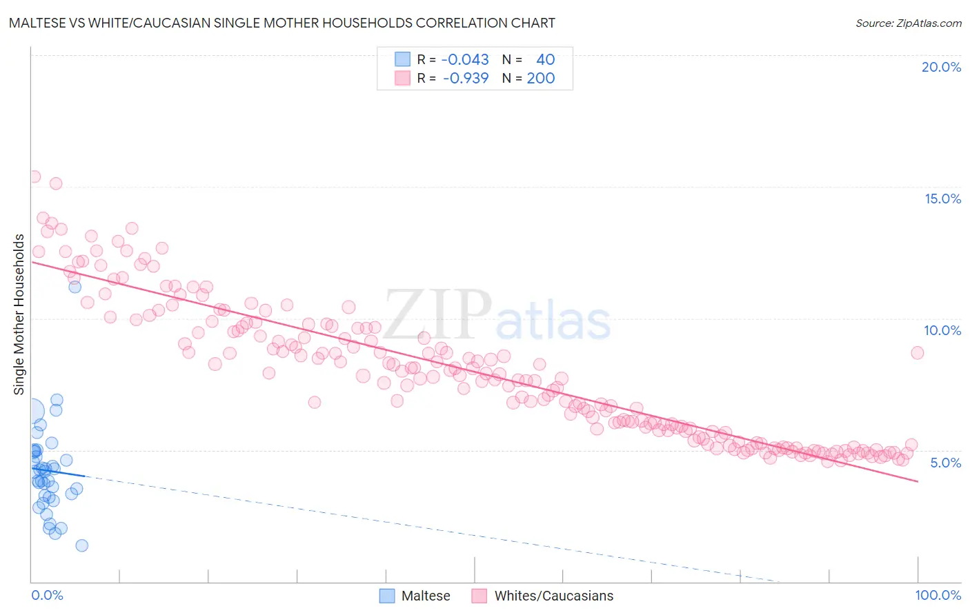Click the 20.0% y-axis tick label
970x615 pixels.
point(941,67)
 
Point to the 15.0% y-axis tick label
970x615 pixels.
point(942,199)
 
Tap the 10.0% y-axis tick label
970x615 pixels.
point(942,330)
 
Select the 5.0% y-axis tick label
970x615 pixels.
point(945,463)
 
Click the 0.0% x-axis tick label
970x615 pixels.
point(47,595)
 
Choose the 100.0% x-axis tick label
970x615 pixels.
point(938,595)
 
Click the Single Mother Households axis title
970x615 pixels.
point(19,314)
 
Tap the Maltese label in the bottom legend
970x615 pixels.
point(426,596)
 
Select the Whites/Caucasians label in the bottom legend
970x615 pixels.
point(553,596)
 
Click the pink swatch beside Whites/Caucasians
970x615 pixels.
point(479,596)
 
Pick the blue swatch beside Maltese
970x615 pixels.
point(387,596)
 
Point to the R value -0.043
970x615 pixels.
point(465,60)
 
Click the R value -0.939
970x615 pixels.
point(465,79)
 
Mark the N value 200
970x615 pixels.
point(541,79)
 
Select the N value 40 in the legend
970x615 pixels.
point(545,60)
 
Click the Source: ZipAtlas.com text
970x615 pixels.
point(908,23)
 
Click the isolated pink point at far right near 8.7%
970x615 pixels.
point(917,353)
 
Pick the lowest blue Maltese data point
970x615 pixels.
point(81,545)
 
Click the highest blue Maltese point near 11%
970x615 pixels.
point(75,287)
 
